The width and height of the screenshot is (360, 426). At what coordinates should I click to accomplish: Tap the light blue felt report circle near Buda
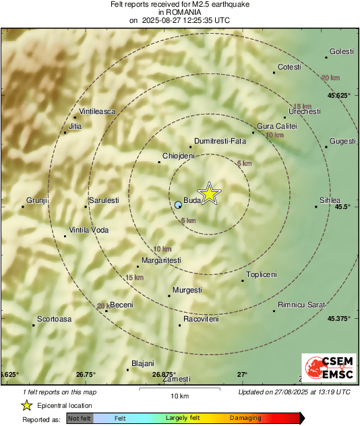(178, 204)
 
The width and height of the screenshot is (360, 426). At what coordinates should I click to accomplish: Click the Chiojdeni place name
(179, 156)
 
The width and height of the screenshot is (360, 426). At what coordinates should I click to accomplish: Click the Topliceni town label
(262, 274)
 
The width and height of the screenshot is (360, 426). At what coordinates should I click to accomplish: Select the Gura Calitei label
(277, 126)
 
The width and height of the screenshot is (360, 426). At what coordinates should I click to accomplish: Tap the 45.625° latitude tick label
(338, 96)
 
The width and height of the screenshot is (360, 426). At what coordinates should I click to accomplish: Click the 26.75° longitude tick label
(86, 374)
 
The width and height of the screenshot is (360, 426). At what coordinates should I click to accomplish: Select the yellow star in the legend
(26, 405)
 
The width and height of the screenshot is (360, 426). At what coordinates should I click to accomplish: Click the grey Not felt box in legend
(80, 419)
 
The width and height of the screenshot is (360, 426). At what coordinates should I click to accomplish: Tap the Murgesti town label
(187, 290)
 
